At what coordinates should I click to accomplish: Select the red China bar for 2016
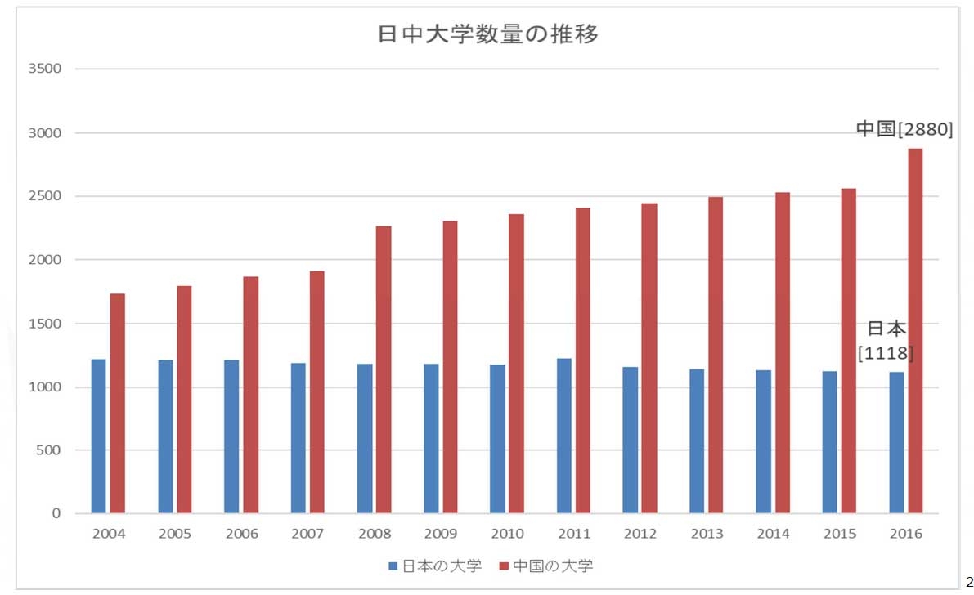click(915, 331)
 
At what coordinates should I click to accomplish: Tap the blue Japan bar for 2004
click(99, 436)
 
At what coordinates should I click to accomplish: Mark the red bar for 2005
click(184, 400)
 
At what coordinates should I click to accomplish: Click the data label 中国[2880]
click(904, 130)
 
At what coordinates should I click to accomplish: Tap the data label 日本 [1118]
click(886, 341)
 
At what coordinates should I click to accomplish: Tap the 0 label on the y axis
click(56, 513)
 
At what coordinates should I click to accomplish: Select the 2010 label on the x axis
click(507, 534)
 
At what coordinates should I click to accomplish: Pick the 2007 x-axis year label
click(307, 534)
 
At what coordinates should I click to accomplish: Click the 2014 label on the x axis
click(773, 534)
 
